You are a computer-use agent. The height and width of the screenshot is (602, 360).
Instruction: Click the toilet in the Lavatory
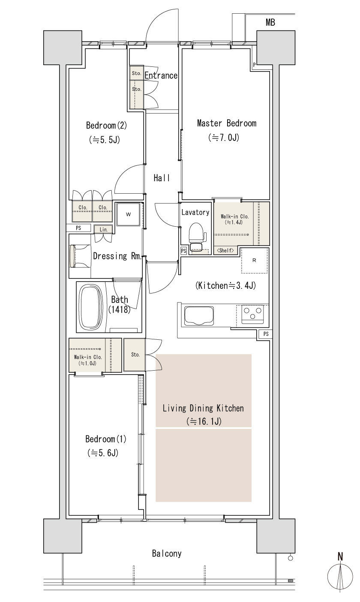pyautogui.click(x=197, y=237)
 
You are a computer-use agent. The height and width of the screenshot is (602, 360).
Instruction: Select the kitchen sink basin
pyautogui.click(x=199, y=316)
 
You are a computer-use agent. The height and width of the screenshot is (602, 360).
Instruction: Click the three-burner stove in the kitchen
pyautogui.click(x=252, y=314)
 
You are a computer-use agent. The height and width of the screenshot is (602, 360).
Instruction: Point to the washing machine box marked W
pyautogui.click(x=128, y=215)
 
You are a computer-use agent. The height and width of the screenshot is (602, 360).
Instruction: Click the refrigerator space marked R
pyautogui.click(x=254, y=261)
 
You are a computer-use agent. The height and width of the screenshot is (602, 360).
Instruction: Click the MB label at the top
pyautogui.click(x=270, y=23)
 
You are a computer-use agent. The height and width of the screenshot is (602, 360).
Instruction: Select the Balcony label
pyautogui.click(x=167, y=554)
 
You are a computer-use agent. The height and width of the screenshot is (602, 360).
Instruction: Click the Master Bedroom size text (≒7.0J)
pyautogui.click(x=224, y=138)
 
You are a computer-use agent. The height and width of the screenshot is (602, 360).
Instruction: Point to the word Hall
pyautogui.click(x=162, y=178)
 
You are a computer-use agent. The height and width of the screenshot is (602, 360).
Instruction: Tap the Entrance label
pyautogui.click(x=161, y=75)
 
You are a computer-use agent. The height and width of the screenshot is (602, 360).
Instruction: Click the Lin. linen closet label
pyautogui.click(x=104, y=230)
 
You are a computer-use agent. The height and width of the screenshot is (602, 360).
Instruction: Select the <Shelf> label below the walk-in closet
pyautogui.click(x=225, y=251)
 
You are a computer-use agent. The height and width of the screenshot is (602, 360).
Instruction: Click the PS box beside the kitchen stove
pyautogui.click(x=266, y=334)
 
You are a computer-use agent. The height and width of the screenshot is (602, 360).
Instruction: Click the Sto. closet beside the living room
pyautogui.click(x=135, y=355)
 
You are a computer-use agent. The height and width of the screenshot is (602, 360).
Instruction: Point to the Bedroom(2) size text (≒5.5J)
pyautogui.click(x=104, y=140)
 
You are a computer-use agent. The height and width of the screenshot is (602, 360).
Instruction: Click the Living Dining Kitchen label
pyautogui.click(x=203, y=408)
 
